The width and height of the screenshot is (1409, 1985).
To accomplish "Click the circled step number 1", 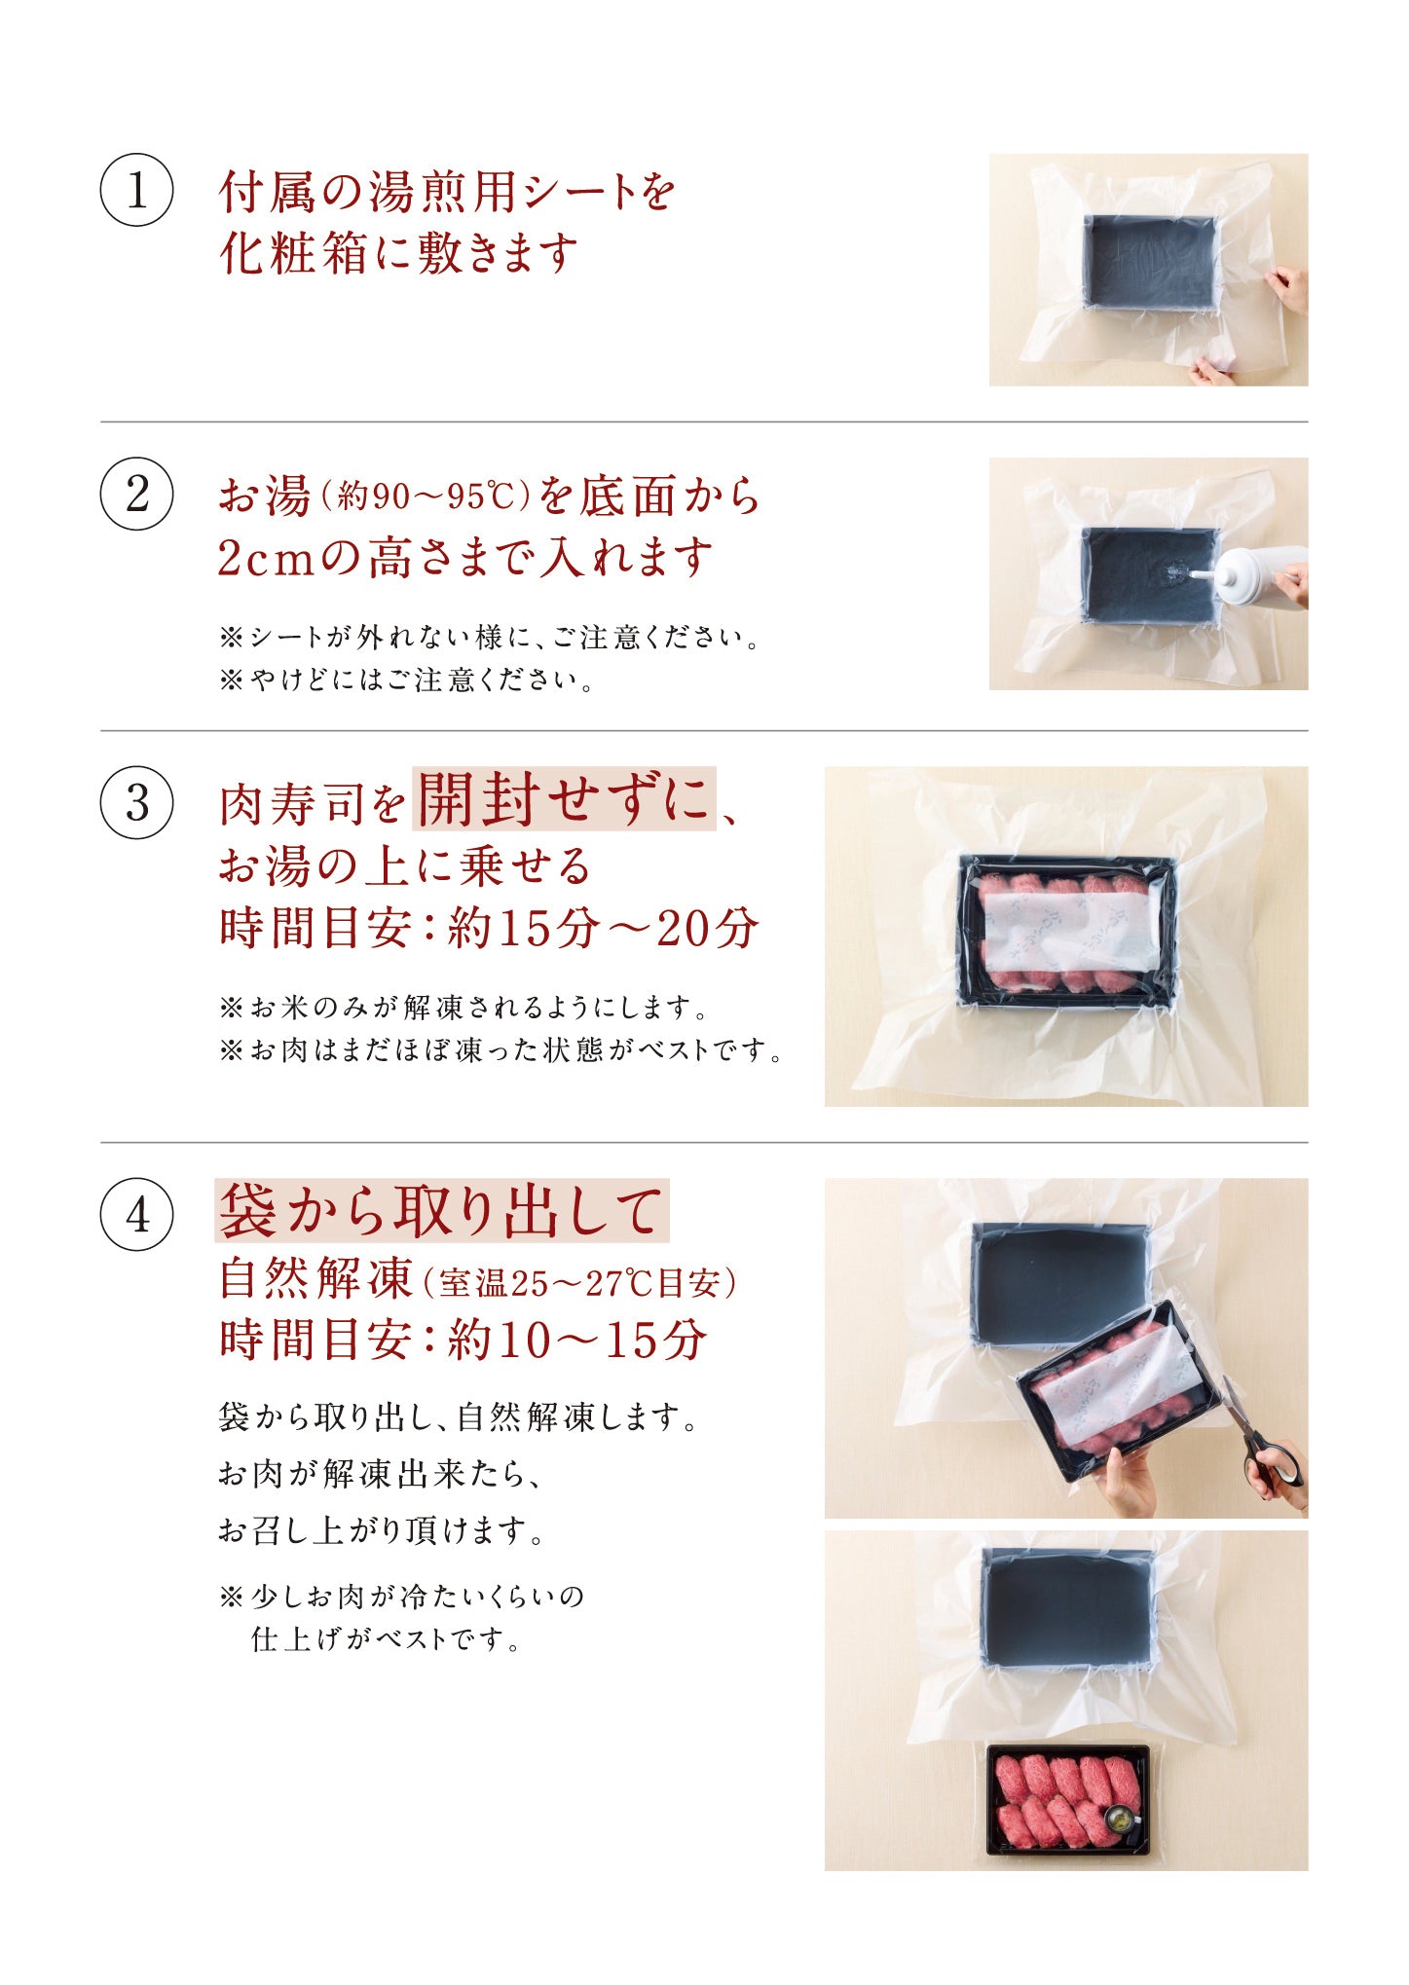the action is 137,190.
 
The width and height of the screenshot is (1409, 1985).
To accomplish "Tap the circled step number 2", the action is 137,494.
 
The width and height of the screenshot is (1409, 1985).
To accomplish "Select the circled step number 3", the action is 137,803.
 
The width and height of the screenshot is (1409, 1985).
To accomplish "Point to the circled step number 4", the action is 137,1214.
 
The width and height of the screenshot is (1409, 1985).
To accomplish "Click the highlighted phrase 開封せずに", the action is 564,799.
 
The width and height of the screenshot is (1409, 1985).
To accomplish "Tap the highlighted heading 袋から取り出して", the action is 441,1211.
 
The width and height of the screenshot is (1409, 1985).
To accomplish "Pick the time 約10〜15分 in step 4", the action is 577,1340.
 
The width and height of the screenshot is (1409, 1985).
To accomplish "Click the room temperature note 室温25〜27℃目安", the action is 579,1283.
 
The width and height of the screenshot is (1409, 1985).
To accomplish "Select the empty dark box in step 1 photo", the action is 1151,263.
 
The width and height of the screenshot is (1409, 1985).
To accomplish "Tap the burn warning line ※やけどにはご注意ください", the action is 407,680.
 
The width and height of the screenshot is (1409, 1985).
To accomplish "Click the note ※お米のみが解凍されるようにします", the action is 464,1007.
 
